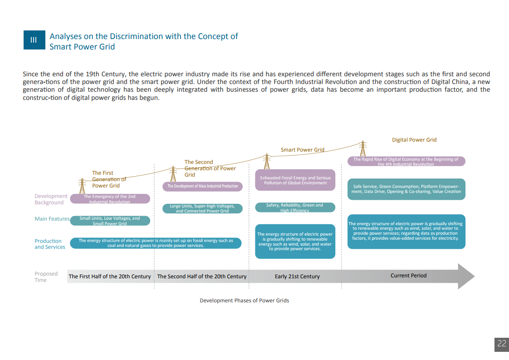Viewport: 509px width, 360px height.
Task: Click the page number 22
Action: click(501, 344)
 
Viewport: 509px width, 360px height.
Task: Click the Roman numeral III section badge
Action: click(34, 40)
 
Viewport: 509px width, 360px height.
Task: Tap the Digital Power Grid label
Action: click(414, 140)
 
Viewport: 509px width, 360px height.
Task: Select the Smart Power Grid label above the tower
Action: click(303, 150)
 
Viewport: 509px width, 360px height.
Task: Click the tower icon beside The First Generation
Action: click(82, 186)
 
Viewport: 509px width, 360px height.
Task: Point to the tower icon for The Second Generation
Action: click(173, 175)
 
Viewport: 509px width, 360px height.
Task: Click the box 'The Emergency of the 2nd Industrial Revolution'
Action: click(109, 199)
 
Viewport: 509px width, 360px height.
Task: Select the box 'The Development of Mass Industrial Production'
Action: click(202, 186)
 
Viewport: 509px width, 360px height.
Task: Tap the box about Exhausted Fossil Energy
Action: click(295, 180)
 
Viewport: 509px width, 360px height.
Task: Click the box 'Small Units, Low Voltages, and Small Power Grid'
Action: click(110, 221)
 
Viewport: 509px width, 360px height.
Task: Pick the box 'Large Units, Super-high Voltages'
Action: click(202, 208)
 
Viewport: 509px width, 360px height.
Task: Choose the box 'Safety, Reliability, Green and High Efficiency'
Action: click(295, 207)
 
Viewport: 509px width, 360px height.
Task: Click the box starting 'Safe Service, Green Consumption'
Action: click(406, 189)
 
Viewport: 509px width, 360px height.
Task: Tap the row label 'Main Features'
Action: click(52, 219)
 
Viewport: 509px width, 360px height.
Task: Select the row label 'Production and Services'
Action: click(49, 244)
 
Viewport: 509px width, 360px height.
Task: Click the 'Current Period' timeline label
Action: click(408, 276)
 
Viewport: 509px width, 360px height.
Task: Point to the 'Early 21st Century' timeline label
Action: click(297, 276)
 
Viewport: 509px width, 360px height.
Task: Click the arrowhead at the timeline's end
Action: click(466, 276)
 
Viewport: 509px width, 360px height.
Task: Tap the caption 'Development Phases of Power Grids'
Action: click(244, 301)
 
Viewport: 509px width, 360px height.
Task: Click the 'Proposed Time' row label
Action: click(46, 277)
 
